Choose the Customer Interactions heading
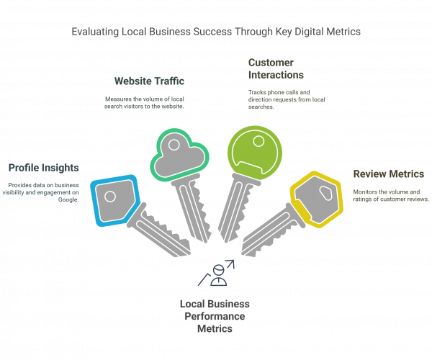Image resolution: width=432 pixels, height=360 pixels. click(275, 69)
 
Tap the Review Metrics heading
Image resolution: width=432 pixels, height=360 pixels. click(388, 174)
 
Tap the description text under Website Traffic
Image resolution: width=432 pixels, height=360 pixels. click(147, 102)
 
